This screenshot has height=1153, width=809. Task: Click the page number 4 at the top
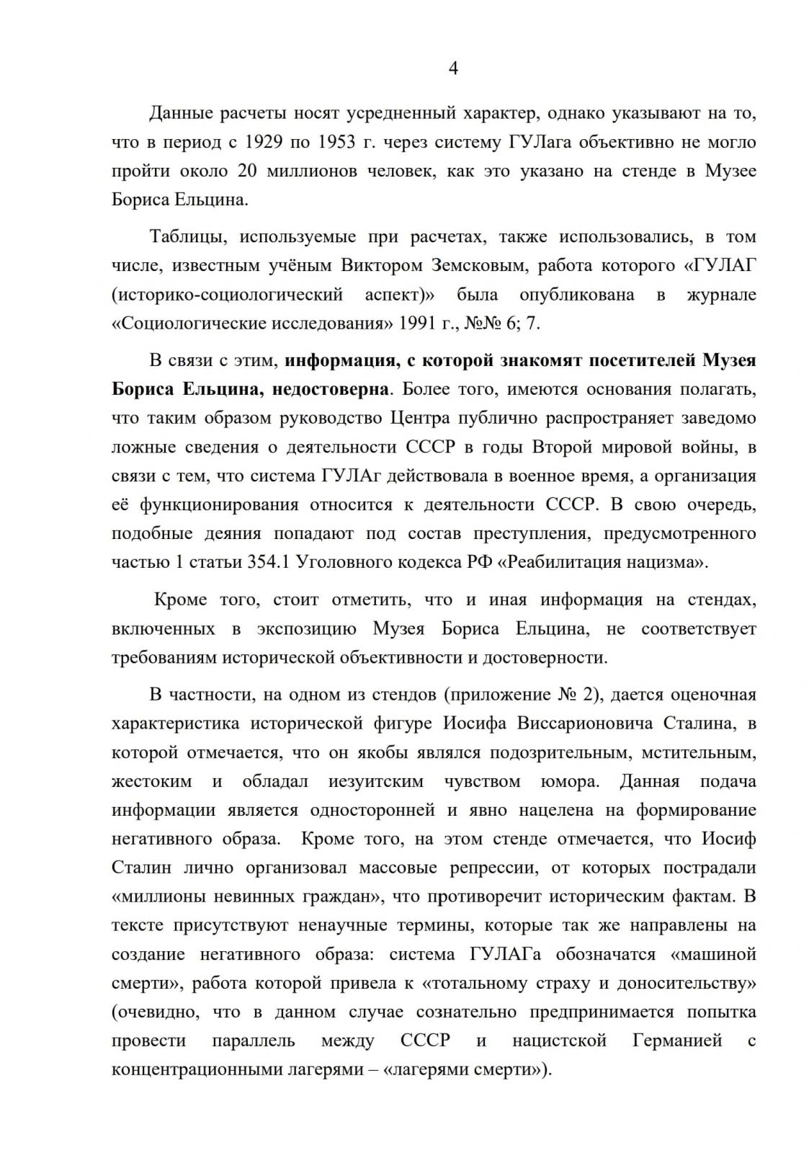pyautogui.click(x=453, y=68)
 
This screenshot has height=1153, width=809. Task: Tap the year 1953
pyautogui.click(x=336, y=142)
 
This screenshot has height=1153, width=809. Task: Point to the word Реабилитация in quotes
pyautogui.click(x=560, y=562)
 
